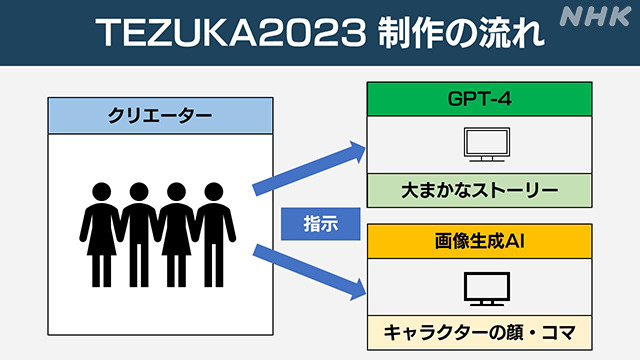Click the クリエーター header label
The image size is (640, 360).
(160, 116)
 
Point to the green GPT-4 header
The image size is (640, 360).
(475, 101)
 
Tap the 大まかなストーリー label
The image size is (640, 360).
(475, 187)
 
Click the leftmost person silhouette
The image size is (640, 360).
(101, 230)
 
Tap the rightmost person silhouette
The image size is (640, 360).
(213, 230)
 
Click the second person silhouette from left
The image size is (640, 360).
(137, 230)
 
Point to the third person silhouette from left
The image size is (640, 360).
(176, 230)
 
